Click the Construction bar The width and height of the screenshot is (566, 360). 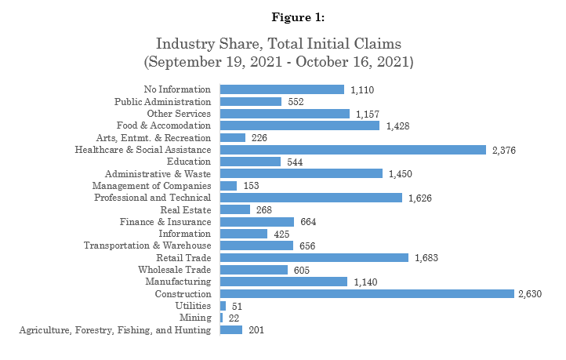point(367,293)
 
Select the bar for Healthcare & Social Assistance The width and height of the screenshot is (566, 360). point(353,149)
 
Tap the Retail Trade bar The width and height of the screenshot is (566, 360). point(314,257)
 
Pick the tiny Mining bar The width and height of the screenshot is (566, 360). point(222,318)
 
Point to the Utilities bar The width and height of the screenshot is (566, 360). point(223,306)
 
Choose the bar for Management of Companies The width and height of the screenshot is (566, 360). point(229,185)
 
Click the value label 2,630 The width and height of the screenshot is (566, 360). point(530,293)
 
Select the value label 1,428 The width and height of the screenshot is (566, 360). point(399,125)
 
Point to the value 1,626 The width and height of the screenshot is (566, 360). point(421,198)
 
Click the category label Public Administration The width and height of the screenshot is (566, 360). point(162,101)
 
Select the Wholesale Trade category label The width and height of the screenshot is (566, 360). point(174,270)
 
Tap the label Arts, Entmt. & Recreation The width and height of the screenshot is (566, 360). point(160,137)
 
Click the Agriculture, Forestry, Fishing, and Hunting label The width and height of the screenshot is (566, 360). point(114,330)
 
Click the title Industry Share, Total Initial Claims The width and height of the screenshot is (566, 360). point(283,43)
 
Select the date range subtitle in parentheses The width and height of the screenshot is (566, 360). point(283,60)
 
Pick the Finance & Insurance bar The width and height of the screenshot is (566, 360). point(257,222)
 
